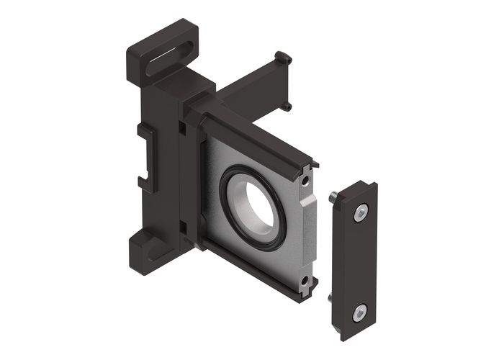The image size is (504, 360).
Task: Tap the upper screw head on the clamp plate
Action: [x=361, y=212]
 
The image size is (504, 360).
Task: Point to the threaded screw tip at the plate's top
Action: [x=335, y=197]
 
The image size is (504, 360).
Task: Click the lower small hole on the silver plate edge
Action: [x=305, y=280]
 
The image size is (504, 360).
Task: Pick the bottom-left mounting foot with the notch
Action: [x=148, y=248]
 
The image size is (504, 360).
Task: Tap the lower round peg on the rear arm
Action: [x=287, y=107]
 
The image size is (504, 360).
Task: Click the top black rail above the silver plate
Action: [x=256, y=137]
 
